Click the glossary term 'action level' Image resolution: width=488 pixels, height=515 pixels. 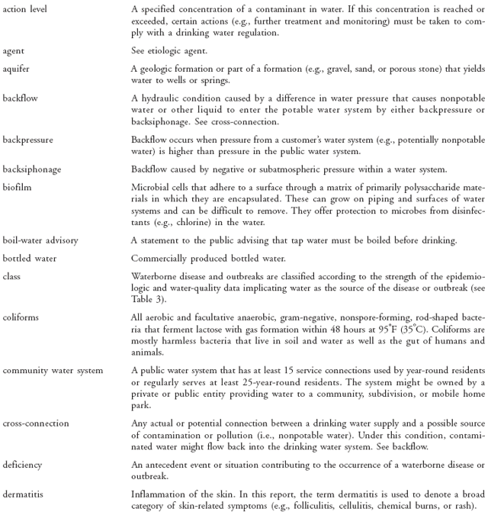click(x=22, y=8)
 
